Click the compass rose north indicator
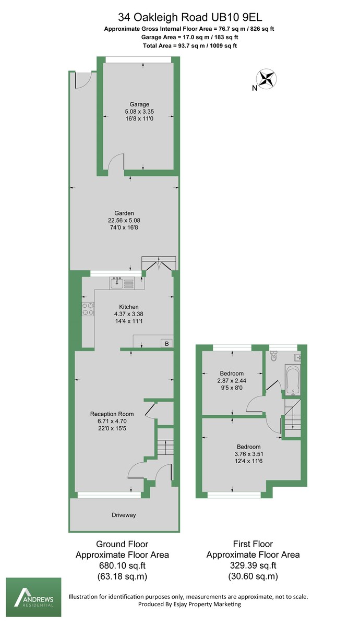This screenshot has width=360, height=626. pyautogui.click(x=268, y=79)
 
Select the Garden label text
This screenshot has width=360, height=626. pyautogui.click(x=125, y=213)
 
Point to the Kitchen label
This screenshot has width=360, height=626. pyautogui.click(x=129, y=306)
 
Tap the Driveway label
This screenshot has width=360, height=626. pyautogui.click(x=124, y=515)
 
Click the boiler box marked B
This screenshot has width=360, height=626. pyautogui.click(x=166, y=343)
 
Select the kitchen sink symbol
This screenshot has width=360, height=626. pyautogui.click(x=117, y=283)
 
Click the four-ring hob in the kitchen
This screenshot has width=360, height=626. pyautogui.click(x=88, y=309)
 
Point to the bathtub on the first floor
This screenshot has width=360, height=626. pyautogui.click(x=292, y=379)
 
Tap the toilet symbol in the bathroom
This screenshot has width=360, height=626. pyautogui.click(x=274, y=358)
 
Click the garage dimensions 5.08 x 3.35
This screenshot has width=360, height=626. pyautogui.click(x=140, y=112)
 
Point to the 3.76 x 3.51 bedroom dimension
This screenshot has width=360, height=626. pyautogui.click(x=249, y=454)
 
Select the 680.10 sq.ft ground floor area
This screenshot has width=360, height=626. pyautogui.click(x=123, y=565)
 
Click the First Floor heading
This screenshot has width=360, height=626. pyautogui.click(x=253, y=544)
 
